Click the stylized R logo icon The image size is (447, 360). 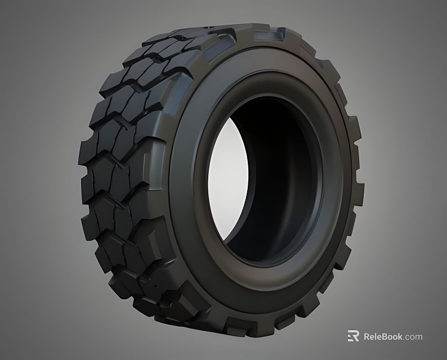pyautogui.click(x=353, y=336)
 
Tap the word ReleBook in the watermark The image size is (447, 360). pyautogui.click(x=382, y=336)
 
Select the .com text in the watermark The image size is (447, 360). pyautogui.click(x=413, y=336)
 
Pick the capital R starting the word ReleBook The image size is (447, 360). pyautogui.click(x=367, y=336)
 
